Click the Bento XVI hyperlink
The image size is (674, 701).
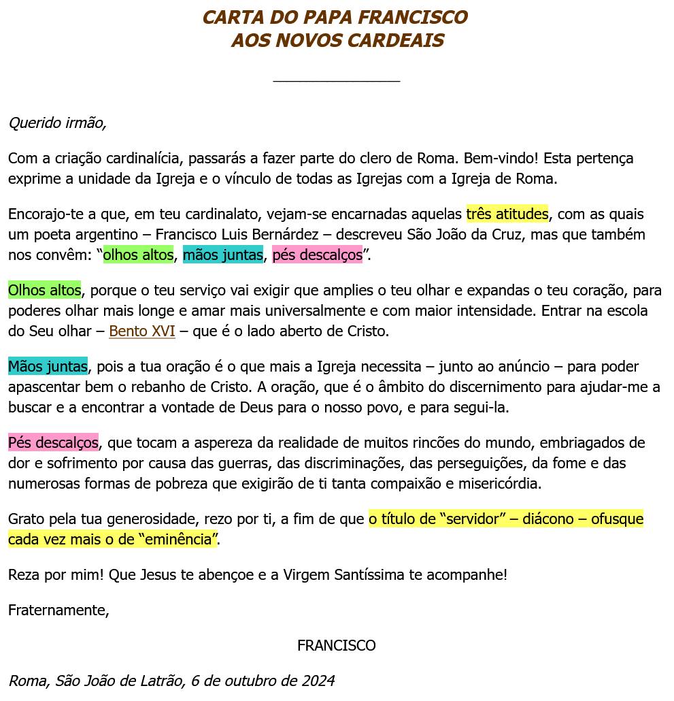point(141,332)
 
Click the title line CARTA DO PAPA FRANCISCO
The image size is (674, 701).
point(335,17)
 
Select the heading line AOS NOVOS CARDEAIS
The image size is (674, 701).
point(337,41)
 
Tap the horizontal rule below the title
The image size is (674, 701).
point(336,81)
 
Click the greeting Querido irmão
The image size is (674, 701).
point(57,123)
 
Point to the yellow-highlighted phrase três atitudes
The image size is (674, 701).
point(507,214)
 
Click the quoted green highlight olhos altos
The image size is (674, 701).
point(138,256)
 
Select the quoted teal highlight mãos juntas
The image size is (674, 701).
point(222,256)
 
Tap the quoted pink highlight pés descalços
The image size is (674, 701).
point(317,256)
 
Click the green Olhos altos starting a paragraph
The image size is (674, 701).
point(44,291)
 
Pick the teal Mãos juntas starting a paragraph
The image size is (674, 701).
point(48,367)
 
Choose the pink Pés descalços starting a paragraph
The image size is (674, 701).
point(53,443)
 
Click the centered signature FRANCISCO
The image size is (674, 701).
point(336,645)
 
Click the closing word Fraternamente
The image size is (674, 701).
point(58,610)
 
